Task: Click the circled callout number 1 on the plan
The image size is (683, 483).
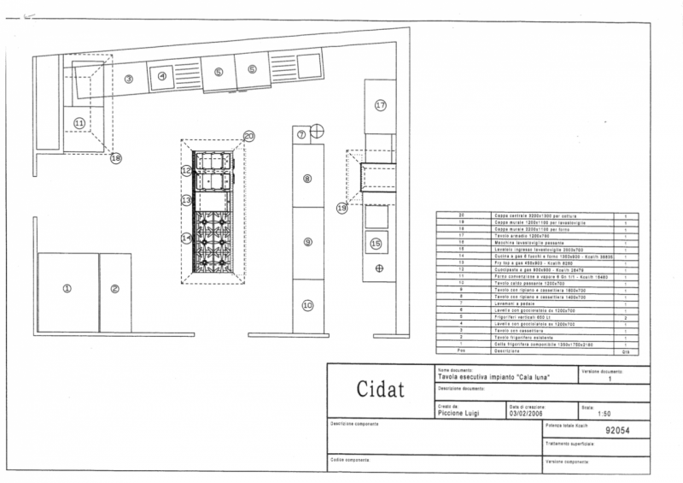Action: [67, 288]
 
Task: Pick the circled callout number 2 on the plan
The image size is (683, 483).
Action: [114, 288]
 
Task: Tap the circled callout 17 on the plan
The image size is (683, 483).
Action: [381, 105]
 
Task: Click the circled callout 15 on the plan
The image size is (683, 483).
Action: [375, 243]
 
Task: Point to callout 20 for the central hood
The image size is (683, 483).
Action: [248, 136]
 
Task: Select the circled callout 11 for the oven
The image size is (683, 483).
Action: [78, 123]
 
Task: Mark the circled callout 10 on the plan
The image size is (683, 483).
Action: [307, 304]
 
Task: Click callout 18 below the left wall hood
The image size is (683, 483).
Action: [116, 158]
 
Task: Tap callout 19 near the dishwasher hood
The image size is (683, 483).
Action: [341, 208]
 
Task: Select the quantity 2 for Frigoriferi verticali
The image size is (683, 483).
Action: [626, 315]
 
